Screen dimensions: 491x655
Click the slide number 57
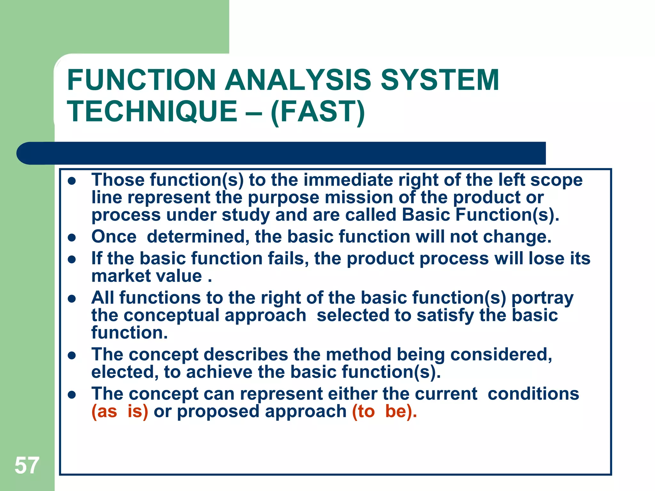coord(27,466)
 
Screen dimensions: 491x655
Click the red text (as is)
coord(120,411)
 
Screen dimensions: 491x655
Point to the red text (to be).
coord(384,411)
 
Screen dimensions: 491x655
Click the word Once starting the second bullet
coord(114,237)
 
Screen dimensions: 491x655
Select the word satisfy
coord(445,315)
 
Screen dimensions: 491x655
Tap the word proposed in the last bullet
coord(218,411)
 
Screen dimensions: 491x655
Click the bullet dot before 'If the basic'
coord(72,259)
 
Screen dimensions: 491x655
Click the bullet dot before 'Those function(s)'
coord(72,181)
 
